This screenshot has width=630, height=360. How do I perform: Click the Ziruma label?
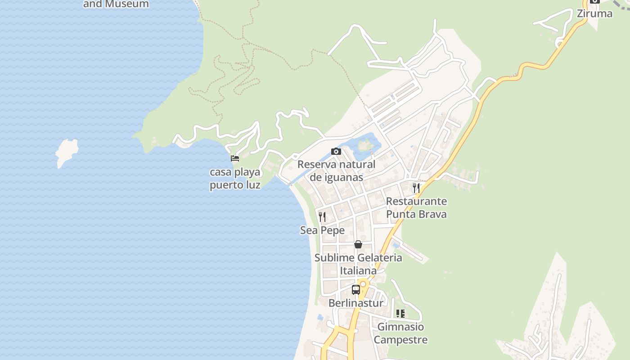594,13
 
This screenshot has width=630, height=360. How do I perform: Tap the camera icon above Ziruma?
594,1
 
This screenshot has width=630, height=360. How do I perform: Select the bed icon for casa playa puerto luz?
234,158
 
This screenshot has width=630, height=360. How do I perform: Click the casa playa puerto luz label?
235,179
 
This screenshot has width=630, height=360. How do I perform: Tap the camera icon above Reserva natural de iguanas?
336,152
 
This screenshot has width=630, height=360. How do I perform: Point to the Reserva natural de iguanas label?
336,171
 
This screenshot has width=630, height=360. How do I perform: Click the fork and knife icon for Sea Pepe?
322,217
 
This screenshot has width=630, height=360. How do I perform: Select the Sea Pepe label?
322,230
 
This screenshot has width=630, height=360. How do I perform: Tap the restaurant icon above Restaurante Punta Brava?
416,188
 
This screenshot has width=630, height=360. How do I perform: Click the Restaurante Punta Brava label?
416,207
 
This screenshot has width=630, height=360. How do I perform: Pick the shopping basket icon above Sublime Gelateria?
358,244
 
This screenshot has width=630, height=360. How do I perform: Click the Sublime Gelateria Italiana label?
358,264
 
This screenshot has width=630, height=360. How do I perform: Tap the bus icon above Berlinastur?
355,289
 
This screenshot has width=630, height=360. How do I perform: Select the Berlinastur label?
355,303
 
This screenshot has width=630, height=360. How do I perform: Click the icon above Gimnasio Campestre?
400,314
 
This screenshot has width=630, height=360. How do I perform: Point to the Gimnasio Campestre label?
400,333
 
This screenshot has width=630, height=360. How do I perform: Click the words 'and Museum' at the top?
116,4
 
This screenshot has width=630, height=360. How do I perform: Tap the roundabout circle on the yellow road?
363,284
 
